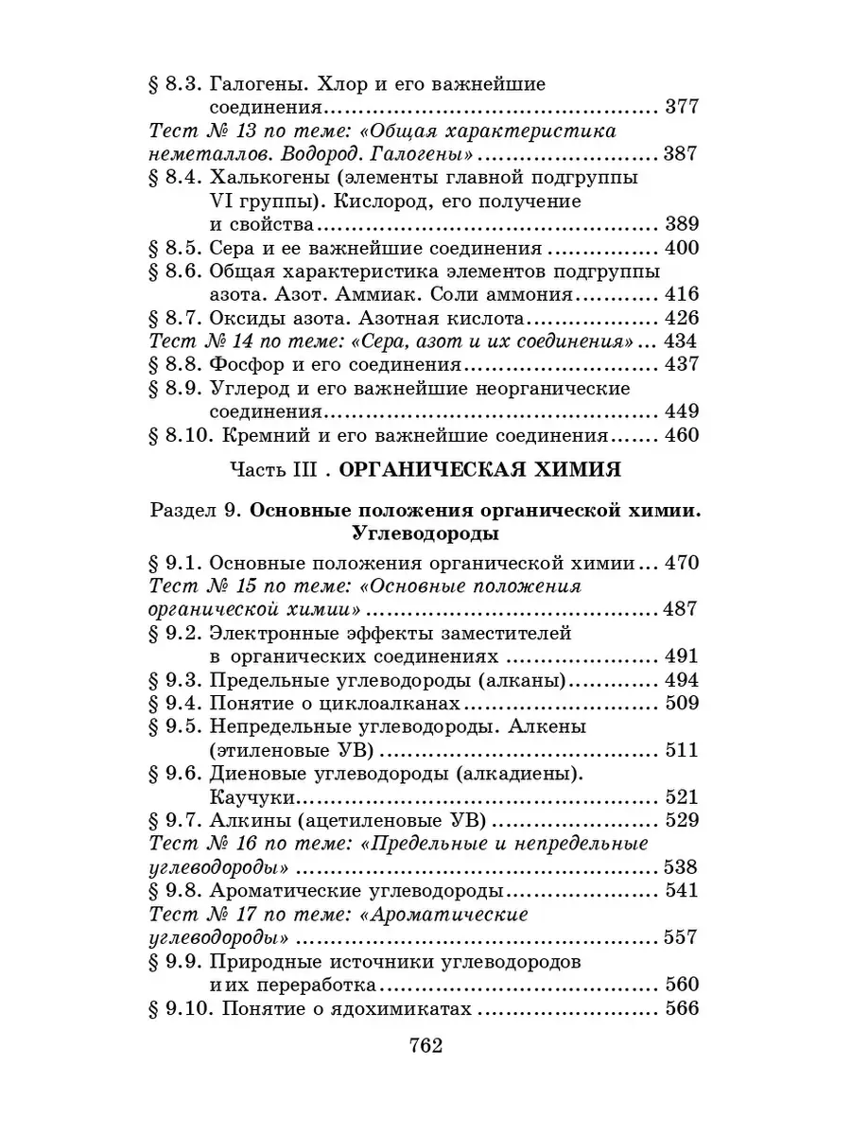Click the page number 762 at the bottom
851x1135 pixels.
point(425,1046)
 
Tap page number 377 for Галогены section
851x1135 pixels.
point(681,107)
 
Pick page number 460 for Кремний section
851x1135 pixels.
point(681,436)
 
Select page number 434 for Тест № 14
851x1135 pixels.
point(681,341)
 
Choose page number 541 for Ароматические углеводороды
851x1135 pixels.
point(681,890)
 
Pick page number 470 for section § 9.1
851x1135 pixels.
point(681,563)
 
